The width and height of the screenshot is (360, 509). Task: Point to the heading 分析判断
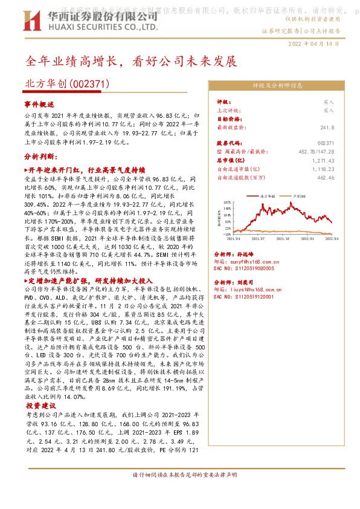tap(40, 156)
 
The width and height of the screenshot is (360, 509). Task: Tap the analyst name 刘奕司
tap(252, 282)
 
